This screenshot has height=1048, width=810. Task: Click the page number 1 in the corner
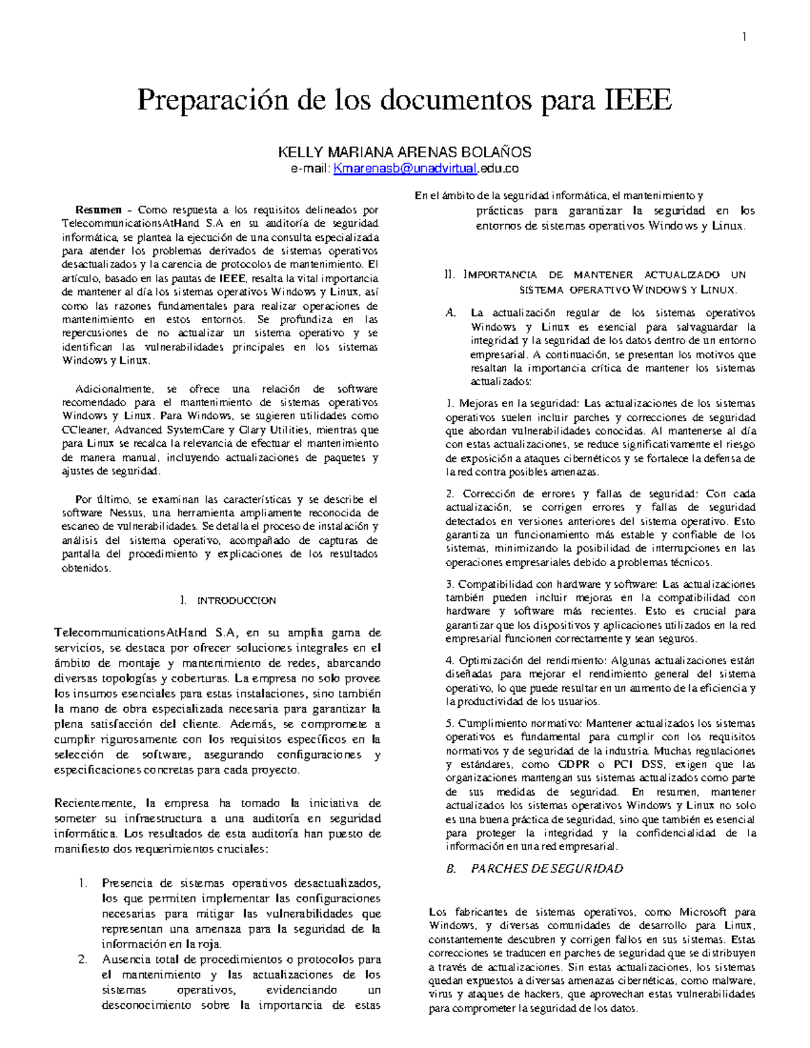click(x=744, y=38)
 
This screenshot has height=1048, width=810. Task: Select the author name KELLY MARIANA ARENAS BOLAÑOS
click(x=405, y=152)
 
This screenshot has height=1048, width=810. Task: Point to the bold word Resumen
click(x=99, y=210)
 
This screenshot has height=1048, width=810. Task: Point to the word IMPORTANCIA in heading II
click(x=500, y=275)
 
